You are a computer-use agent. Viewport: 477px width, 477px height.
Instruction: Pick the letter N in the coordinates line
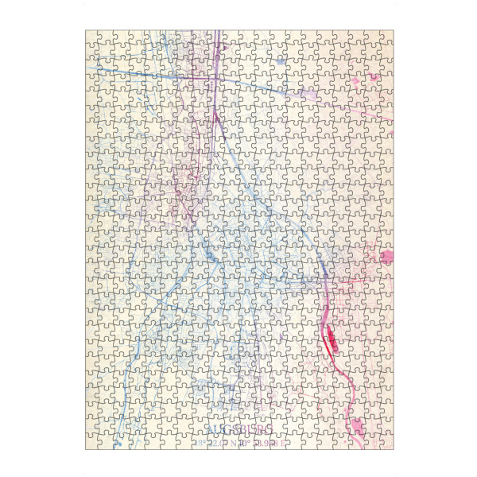227,443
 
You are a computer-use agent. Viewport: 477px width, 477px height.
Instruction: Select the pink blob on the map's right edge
387,257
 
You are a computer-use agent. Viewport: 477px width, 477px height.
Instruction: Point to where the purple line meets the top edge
217,32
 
